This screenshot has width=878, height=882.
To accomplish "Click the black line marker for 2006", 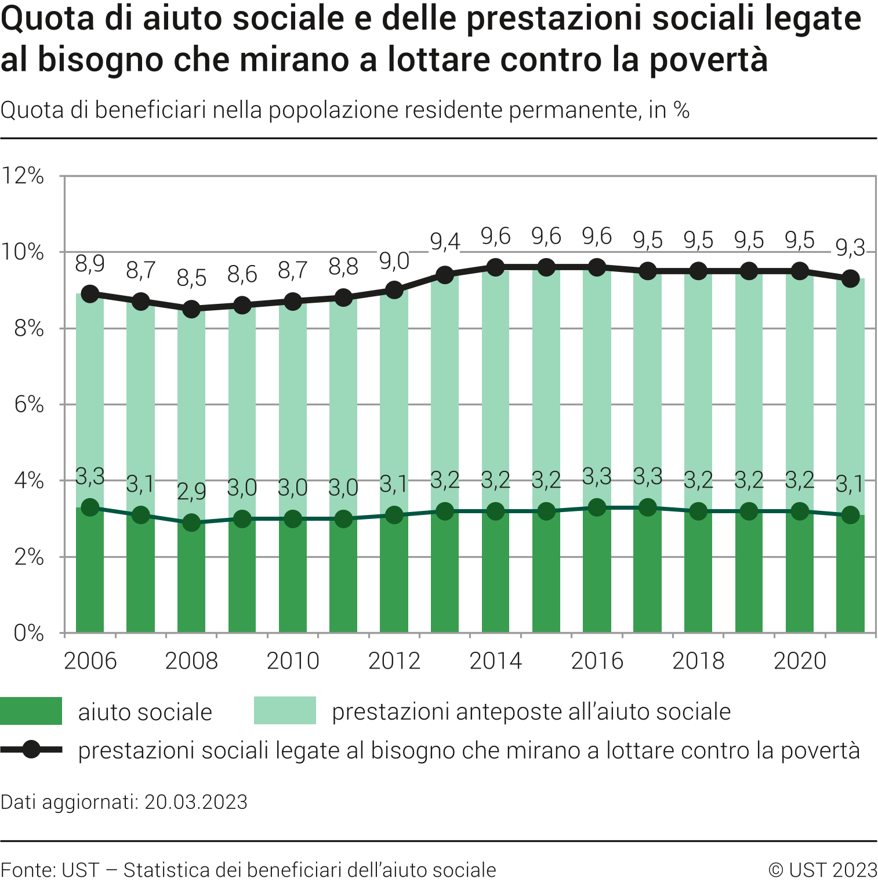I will coord(90,294).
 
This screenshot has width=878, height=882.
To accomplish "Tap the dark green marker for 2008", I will coord(191,523).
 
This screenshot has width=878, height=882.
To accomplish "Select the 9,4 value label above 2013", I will coord(445,242).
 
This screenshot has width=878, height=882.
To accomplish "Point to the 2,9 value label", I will coord(191,492).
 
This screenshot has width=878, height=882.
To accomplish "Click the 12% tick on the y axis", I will coord(23,176).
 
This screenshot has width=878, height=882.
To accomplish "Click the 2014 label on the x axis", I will coord(495,661).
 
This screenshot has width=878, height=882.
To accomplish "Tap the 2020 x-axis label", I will coord(800,661).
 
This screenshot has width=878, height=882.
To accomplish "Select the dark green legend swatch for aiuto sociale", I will coord(31,711).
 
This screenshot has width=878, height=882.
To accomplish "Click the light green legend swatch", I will coord(285,711).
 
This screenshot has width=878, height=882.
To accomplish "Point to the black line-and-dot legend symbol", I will coord(31,750).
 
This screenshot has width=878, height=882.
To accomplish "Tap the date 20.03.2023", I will coord(196,802).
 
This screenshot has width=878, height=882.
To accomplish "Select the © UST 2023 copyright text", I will coord(823,870).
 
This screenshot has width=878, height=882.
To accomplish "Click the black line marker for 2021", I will coord(850,279).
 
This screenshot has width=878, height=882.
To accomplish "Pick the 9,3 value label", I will coord(850,249).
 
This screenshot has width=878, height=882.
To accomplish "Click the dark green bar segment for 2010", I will coord(293,580).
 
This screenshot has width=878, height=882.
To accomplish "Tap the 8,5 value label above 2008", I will coord(191,278).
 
